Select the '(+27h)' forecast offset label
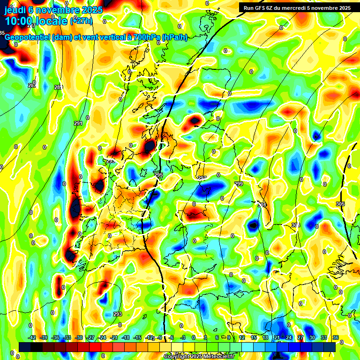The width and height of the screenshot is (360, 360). [81, 21]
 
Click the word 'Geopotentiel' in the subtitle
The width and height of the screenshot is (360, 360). [27, 37]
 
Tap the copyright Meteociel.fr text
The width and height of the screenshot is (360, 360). [199, 357]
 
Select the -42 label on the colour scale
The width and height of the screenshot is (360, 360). [32, 337]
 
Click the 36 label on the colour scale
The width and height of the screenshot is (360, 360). [336, 337]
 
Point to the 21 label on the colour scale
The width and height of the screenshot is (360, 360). [277, 337]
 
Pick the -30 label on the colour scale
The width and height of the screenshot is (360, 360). [79, 337]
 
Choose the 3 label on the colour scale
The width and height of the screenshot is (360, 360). [205, 337]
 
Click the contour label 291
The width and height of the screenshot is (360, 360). [78, 123]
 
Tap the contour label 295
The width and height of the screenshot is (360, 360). [158, 175]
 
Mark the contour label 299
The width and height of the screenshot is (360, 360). [239, 184]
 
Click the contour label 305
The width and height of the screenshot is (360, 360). [341, 204]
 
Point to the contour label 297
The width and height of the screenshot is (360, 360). [202, 178]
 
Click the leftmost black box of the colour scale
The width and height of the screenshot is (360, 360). [25, 346]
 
